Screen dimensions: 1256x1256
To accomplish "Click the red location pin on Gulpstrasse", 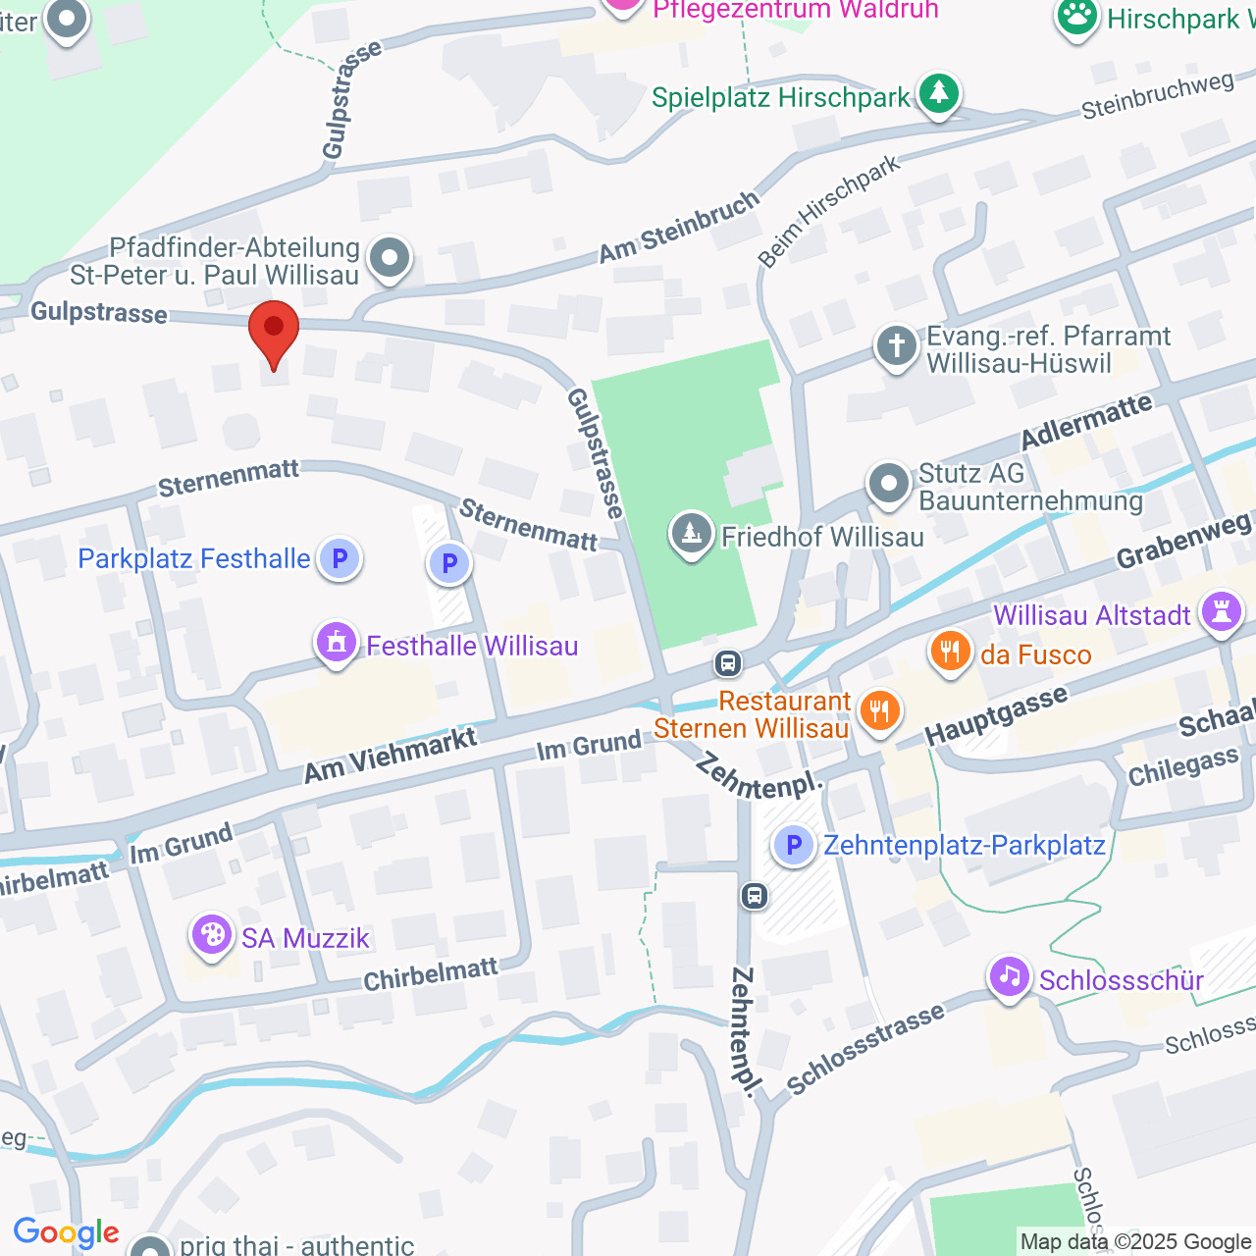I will pos(274,330).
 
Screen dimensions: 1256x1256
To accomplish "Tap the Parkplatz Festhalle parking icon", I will pos(340,559).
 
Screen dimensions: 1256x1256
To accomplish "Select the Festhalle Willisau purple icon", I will pos(337,644).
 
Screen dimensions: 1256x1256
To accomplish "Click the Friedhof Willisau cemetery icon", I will pos(692,535).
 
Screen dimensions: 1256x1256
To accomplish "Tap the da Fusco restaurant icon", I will pos(950,653).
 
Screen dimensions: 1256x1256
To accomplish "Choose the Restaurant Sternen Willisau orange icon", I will pos(879,711).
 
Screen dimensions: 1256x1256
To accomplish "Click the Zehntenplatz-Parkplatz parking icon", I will pos(794,845).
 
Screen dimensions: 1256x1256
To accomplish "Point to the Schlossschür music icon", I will pos(1010,977).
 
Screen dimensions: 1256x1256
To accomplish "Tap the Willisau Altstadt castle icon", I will pos(1222,612).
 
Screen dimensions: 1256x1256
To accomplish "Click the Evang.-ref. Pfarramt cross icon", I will pos(896,347).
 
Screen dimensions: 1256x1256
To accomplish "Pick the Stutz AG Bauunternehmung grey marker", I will pos(889,484).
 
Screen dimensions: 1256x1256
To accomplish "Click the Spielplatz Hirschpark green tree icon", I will pos(939,94).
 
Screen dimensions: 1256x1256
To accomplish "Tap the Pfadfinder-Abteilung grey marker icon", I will pos(390,259).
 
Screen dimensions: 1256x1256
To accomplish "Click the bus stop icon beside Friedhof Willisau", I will pos(727,663).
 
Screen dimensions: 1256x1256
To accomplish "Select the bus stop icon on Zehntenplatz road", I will pos(755,895).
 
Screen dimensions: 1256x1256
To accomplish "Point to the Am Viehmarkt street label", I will pos(390,756).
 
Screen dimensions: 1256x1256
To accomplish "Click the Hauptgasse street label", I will pos(995,716).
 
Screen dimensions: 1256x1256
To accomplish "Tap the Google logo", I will pos(66,1232).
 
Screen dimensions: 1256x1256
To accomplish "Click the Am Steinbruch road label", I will pos(679,227).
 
